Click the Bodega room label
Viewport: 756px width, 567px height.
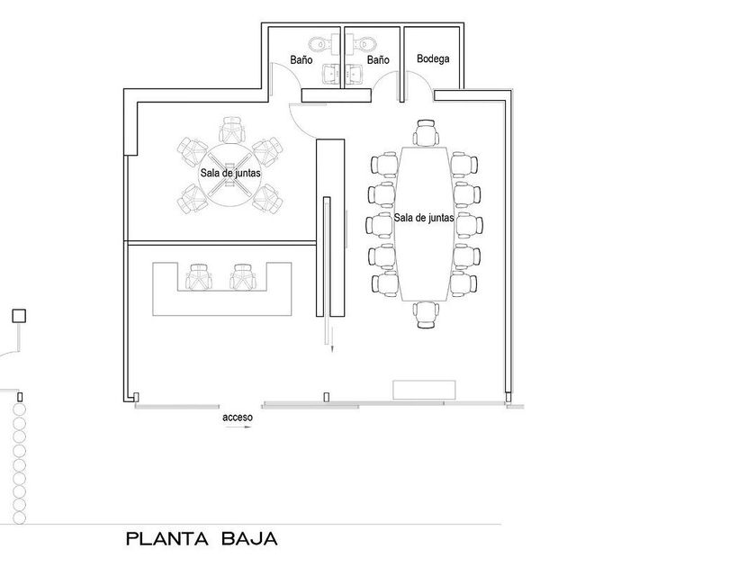click(433, 58)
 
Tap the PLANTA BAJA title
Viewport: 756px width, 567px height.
click(202, 538)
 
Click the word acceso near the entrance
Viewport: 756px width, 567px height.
click(238, 417)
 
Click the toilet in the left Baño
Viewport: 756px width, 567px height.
click(321, 44)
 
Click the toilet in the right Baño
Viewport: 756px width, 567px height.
click(361, 44)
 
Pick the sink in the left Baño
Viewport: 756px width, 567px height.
click(332, 73)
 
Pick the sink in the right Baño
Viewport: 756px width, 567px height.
click(355, 73)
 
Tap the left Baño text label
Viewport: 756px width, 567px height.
click(301, 60)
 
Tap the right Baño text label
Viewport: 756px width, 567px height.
click(378, 60)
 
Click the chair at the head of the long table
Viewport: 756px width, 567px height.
click(427, 132)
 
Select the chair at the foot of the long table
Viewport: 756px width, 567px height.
click(426, 315)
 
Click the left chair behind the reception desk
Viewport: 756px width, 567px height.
click(199, 277)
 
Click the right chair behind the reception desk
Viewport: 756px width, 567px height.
click(242, 277)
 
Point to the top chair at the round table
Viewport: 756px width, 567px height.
click(231, 130)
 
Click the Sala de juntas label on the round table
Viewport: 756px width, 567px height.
click(230, 173)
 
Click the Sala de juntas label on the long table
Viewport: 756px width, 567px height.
click(424, 218)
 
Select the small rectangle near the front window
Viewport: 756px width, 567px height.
click(424, 390)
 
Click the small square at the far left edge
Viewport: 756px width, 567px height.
click(19, 316)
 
